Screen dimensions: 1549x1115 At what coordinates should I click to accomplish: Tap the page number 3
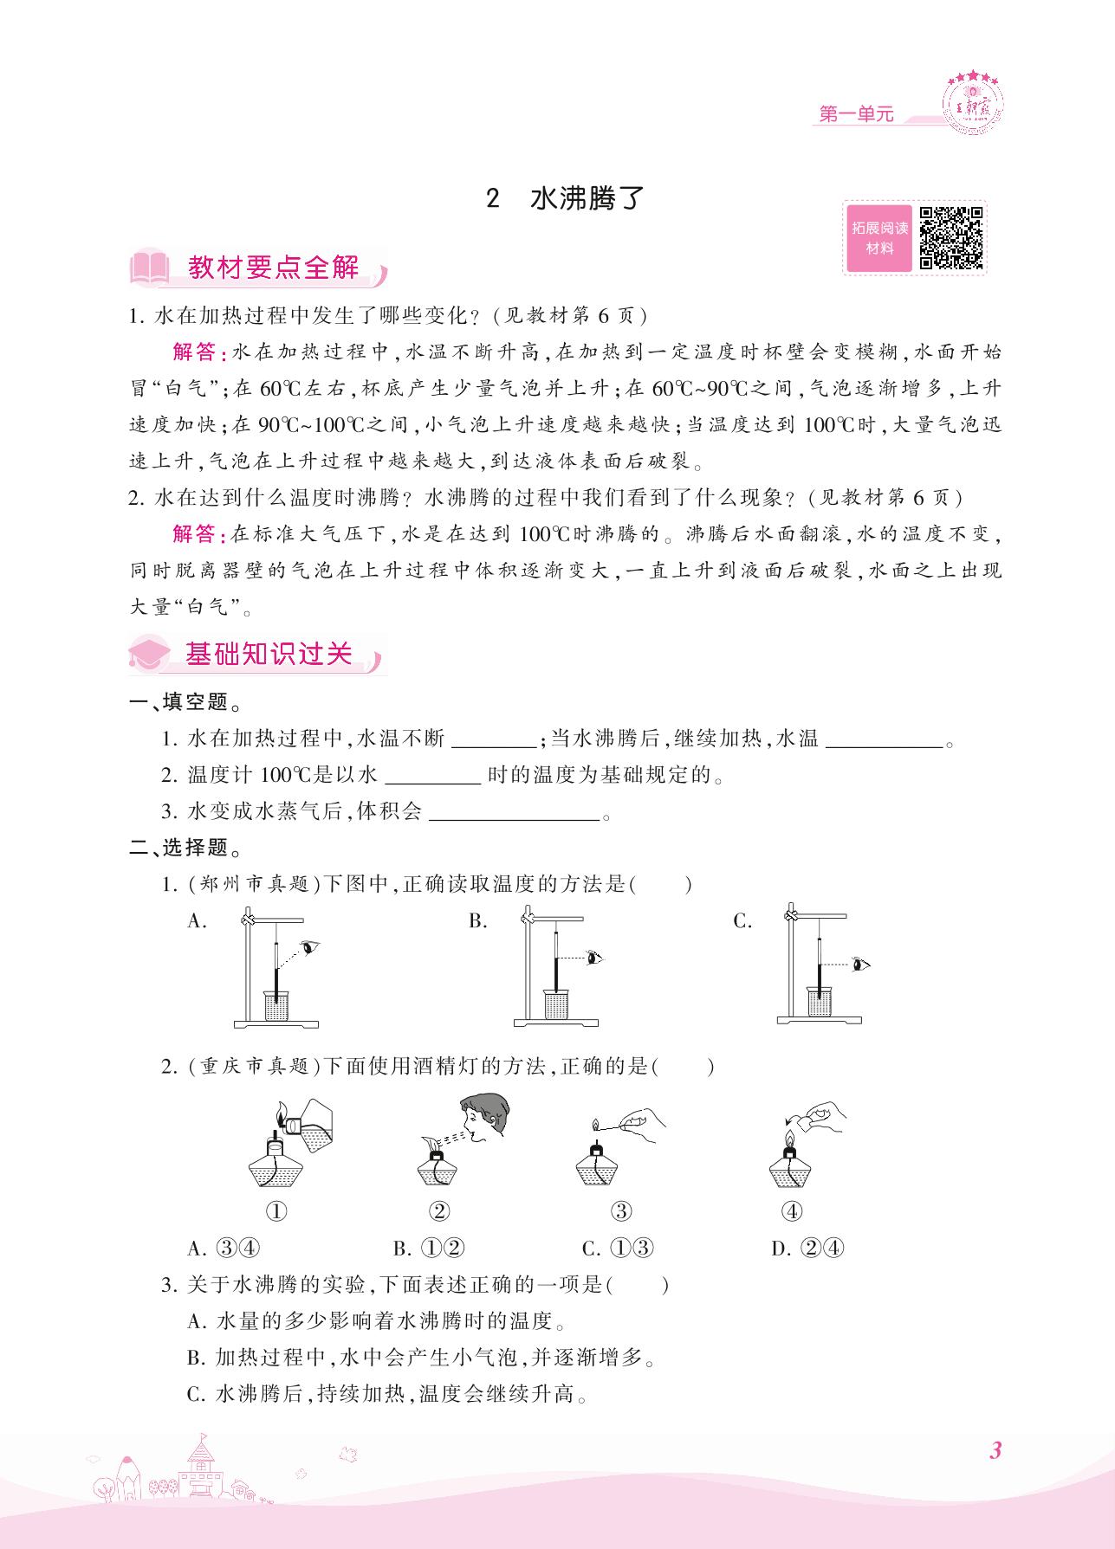[995, 1450]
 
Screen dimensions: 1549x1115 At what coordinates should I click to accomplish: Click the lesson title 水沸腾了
[587, 199]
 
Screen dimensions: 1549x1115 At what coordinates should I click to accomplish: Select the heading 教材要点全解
[273, 268]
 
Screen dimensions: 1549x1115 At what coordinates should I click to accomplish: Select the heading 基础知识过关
[269, 654]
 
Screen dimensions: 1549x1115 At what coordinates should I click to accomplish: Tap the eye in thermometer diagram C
[859, 964]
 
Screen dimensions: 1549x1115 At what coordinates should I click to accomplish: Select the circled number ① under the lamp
[276, 1211]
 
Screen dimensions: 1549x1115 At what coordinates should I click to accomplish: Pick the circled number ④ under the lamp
[792, 1211]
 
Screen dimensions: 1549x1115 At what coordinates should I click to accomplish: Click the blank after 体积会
[514, 812]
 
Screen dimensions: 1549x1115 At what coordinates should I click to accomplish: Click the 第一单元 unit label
[855, 113]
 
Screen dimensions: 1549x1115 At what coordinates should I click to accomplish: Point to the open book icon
[151, 268]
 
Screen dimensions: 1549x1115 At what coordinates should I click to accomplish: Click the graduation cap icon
[151, 654]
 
